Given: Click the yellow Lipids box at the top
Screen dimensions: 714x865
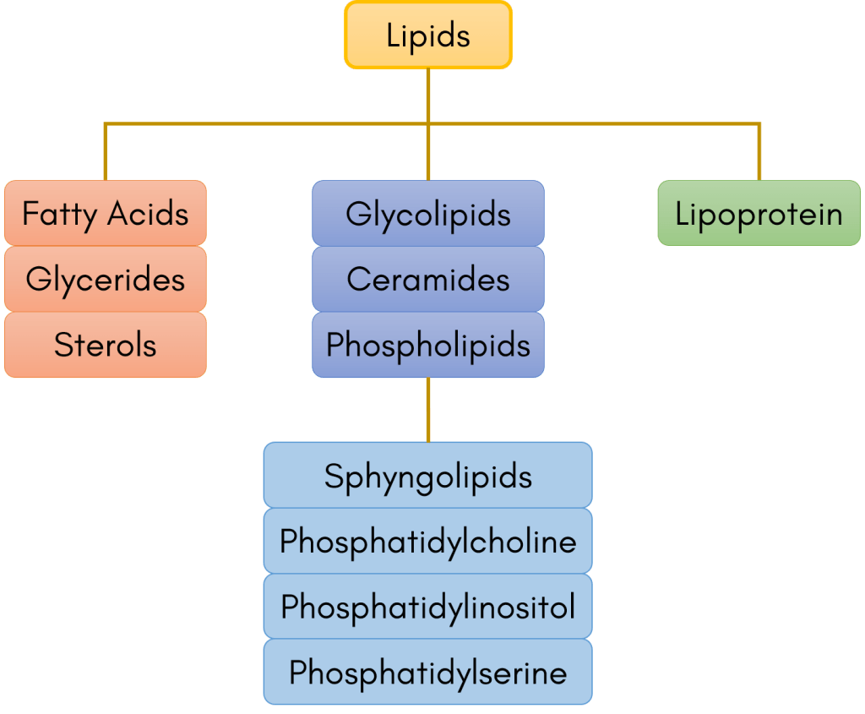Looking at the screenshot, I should click(428, 35).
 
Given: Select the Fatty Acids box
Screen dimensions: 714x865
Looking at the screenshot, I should click(105, 214).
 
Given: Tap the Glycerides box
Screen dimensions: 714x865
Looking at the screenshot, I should click(105, 280).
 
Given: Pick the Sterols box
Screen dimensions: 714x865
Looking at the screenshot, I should click(105, 345).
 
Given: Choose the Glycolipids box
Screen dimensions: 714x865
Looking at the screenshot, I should click(428, 214).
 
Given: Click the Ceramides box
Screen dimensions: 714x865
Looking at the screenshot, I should click(428, 280).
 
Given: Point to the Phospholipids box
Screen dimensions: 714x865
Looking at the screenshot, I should click(428, 345).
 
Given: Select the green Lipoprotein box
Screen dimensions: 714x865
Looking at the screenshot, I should click(759, 214).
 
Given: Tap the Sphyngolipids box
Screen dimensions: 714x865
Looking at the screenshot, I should click(427, 476).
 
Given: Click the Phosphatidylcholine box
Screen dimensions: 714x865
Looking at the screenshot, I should click(427, 542).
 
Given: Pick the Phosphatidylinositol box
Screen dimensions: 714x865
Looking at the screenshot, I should click(427, 607).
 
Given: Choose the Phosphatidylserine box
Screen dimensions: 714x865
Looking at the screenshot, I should click(427, 673).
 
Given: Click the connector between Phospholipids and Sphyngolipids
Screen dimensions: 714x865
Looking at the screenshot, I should click(428, 410).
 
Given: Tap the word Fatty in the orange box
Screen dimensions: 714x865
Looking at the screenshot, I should click(61, 214).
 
